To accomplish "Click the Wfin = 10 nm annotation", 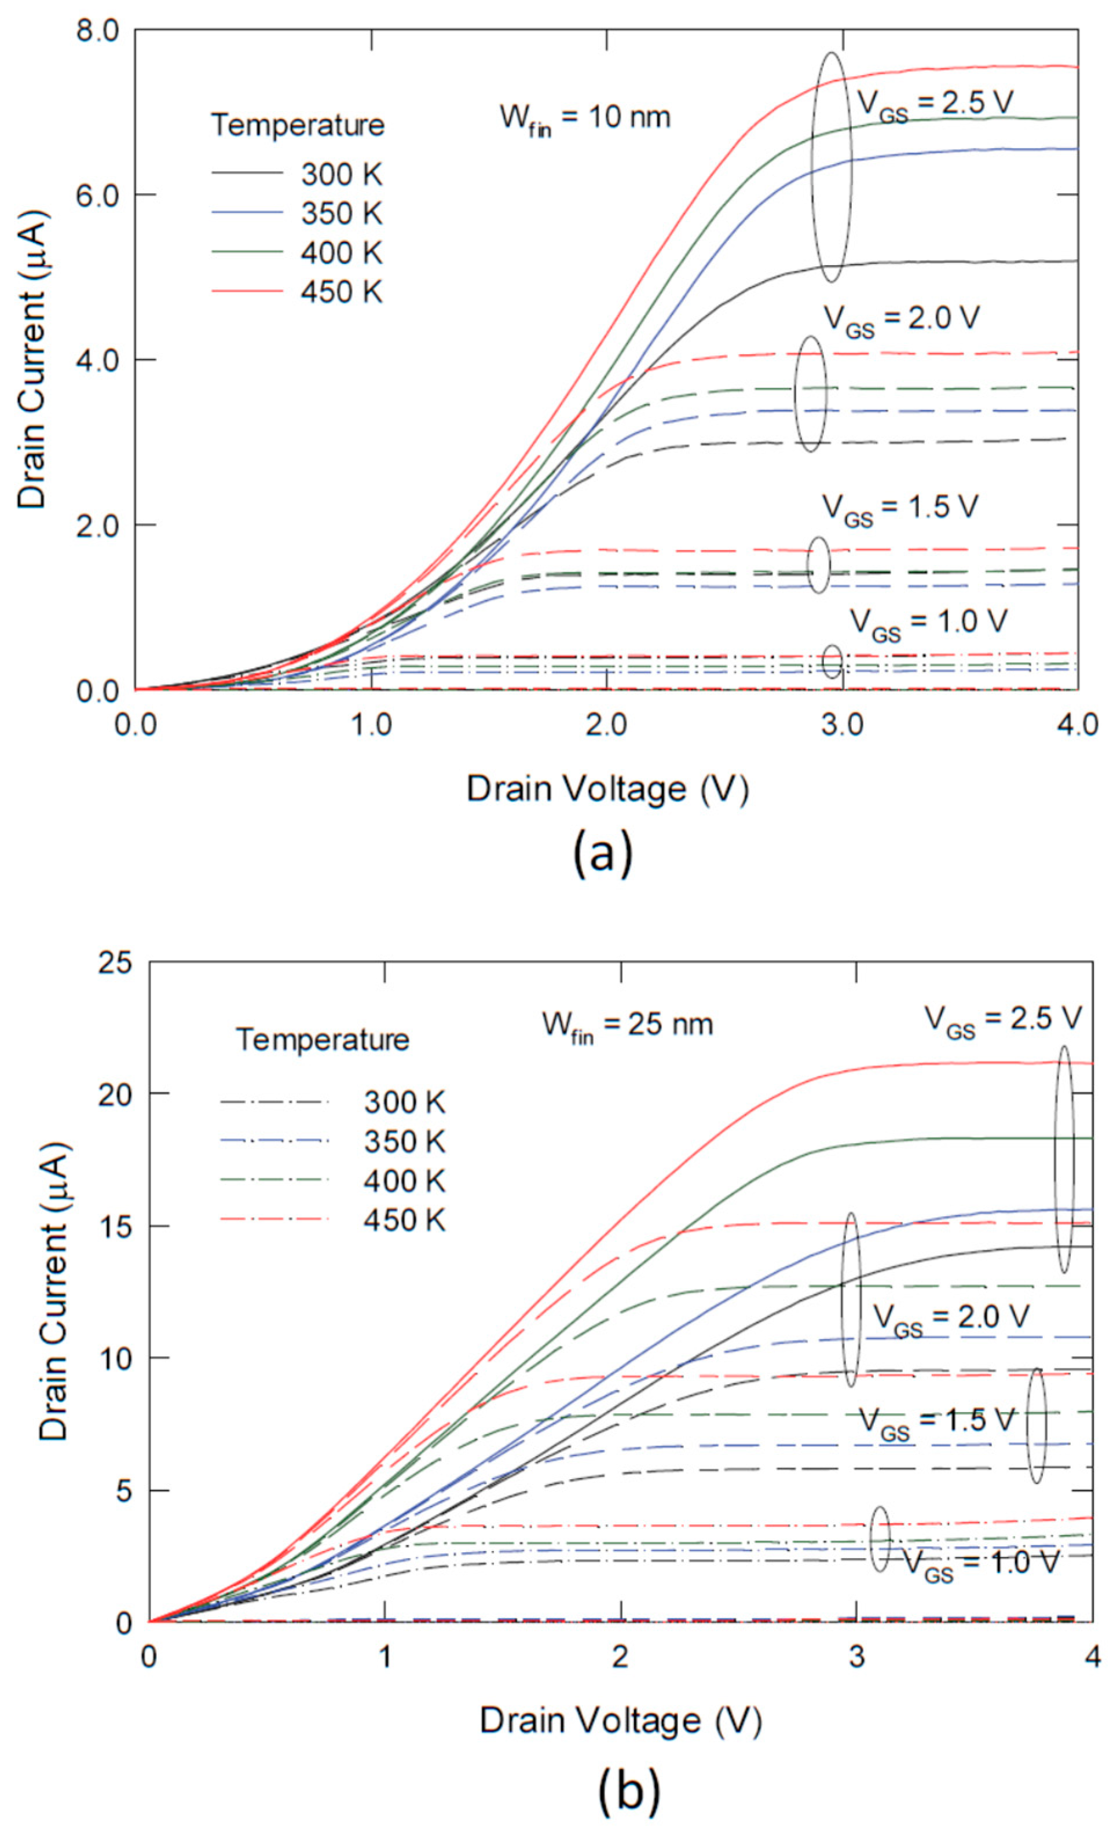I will pos(584,118).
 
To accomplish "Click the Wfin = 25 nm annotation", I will pos(627,1024).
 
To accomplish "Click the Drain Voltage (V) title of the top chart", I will pos(606,789).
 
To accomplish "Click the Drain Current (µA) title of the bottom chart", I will pos(54,1292).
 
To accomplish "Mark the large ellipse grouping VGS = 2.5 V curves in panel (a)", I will pos(831,167).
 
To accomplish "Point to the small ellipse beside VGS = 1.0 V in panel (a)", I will pos(833,662).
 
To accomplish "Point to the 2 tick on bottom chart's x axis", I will pos(620,1656).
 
